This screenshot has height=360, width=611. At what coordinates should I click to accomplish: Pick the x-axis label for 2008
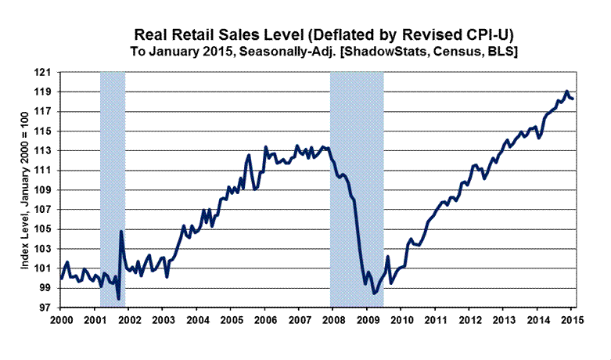(332, 320)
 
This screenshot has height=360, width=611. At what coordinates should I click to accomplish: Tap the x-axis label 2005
(230, 320)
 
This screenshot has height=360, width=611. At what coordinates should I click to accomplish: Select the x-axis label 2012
(469, 320)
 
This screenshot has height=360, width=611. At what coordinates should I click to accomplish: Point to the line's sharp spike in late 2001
(121, 231)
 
